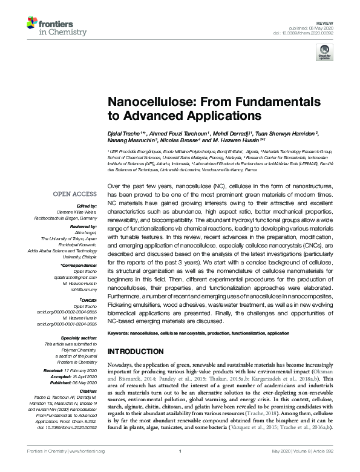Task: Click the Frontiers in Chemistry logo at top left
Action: coord(51,26)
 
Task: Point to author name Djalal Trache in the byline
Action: coord(125,132)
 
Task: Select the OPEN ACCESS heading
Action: coord(74,194)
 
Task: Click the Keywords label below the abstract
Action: coord(118,333)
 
